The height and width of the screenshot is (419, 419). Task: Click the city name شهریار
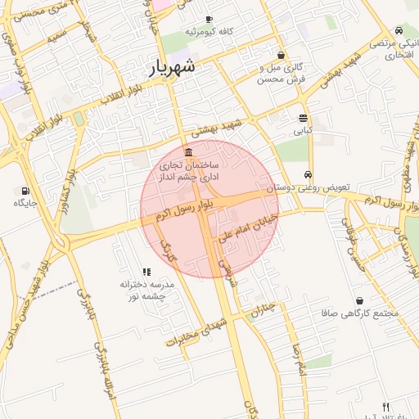173,67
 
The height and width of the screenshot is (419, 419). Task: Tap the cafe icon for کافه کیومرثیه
209,19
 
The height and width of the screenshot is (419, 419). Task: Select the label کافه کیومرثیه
209,31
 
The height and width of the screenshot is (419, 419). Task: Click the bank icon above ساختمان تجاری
189,152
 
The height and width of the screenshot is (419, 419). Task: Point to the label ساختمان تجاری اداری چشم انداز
190,170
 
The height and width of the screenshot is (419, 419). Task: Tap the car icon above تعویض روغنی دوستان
307,175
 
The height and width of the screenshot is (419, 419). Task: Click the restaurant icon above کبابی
303,118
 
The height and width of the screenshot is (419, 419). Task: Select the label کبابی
303,130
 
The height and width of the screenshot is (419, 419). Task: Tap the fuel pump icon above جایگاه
19,191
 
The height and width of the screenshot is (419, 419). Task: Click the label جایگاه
19,203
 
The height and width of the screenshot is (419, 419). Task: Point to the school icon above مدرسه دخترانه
146,272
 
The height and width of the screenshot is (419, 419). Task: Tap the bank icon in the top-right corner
399,29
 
